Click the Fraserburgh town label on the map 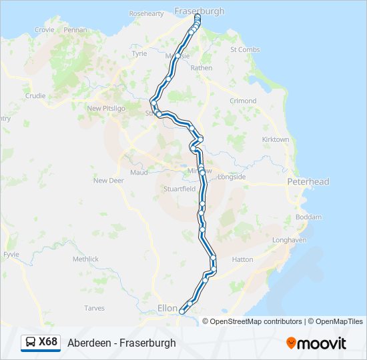199,11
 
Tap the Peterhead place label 308,181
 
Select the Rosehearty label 145,13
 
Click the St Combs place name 244,49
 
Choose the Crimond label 243,101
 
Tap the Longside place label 232,177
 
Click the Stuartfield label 179,189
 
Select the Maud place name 139,172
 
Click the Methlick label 85,259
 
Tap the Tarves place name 94,308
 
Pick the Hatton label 242,259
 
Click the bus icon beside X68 31,343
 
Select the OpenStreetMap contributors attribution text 256,321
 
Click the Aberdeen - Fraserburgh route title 121,343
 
